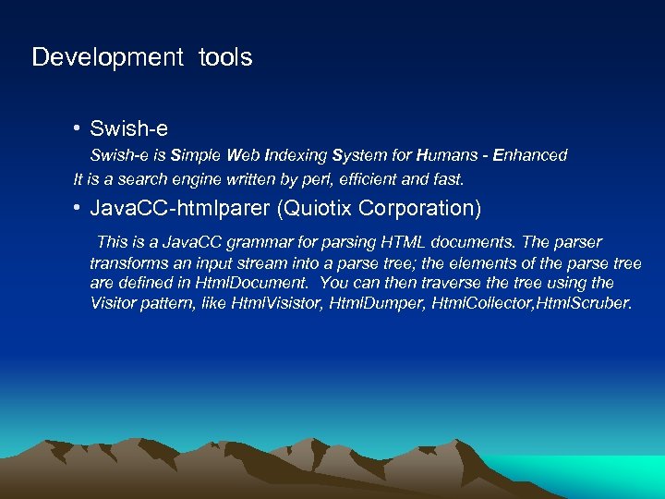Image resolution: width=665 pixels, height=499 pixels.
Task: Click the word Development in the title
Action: (x=108, y=57)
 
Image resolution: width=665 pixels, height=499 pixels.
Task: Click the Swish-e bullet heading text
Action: (x=128, y=128)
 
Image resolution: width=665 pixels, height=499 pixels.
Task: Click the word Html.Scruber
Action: (x=583, y=303)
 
